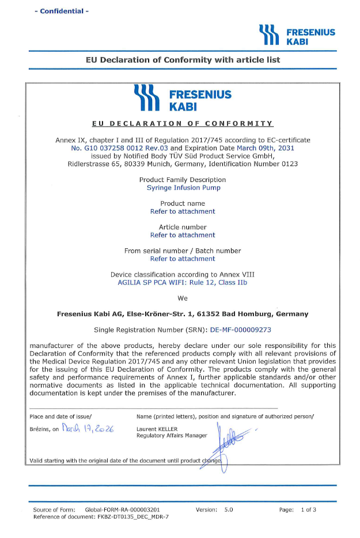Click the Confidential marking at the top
(62, 11)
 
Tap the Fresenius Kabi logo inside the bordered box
(182, 99)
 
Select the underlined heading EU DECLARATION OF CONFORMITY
(183, 123)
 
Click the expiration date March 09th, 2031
(264, 148)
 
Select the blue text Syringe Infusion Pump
(183, 188)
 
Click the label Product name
(183, 203)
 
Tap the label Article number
(183, 227)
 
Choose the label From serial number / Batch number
(183, 251)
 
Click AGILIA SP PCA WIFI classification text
(183, 282)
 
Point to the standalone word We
(183, 298)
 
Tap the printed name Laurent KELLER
(157, 429)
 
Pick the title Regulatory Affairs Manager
(172, 435)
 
